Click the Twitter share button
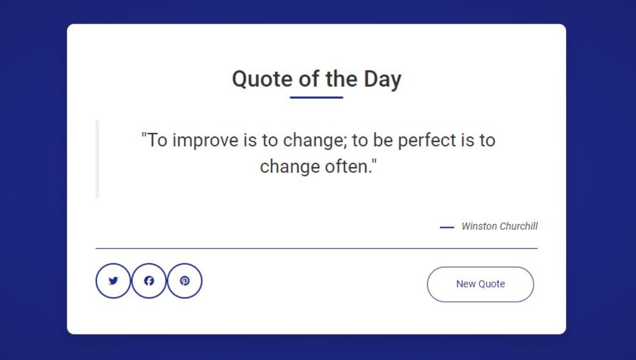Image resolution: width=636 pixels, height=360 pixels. (x=113, y=281)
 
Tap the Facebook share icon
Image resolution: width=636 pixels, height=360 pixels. (x=149, y=281)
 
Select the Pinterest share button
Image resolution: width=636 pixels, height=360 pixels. (x=185, y=281)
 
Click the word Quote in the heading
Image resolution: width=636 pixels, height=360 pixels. (x=262, y=79)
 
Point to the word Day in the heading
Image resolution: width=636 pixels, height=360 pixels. (x=383, y=79)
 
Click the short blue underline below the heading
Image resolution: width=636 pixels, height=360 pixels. (x=317, y=97)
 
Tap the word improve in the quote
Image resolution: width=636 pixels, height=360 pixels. (x=205, y=141)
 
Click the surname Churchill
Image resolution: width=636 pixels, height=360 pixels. (x=518, y=226)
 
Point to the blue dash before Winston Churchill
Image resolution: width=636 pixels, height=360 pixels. (x=447, y=227)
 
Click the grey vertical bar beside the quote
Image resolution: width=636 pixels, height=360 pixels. (x=97, y=159)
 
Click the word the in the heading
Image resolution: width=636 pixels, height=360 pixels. (x=341, y=79)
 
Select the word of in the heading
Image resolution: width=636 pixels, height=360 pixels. (x=309, y=79)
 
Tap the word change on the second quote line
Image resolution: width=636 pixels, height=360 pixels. (x=290, y=167)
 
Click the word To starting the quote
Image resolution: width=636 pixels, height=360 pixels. (x=158, y=140)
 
